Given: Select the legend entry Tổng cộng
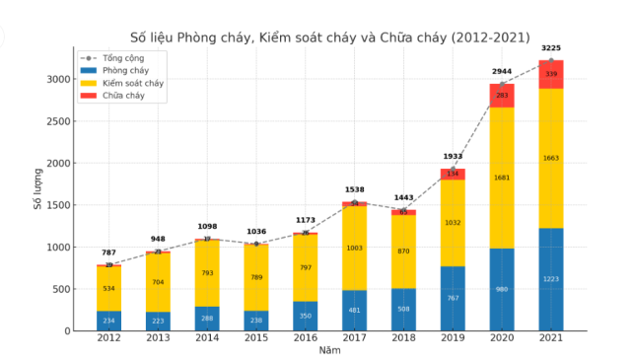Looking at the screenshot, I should point(123,58).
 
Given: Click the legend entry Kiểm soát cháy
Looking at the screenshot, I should point(132,83).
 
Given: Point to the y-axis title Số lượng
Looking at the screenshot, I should point(37,190).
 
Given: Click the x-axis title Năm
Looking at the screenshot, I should point(330,350).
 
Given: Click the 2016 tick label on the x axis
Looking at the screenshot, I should point(306,338).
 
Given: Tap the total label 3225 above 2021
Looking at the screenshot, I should point(551,48).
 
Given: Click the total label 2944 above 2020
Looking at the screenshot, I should point(502,72).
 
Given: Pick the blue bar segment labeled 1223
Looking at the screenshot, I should point(551,279).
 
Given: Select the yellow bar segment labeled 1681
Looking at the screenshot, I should point(502,178).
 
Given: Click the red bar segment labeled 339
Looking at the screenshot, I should point(551,74).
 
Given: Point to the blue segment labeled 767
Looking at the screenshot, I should point(453,298).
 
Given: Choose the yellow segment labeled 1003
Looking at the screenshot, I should point(355,248).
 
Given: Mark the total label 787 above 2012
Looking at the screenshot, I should point(109,252).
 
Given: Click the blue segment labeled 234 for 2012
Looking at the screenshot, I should point(109,321).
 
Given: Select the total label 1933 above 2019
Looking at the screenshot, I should point(453,157).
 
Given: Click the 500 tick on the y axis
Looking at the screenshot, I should point(61,289).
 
